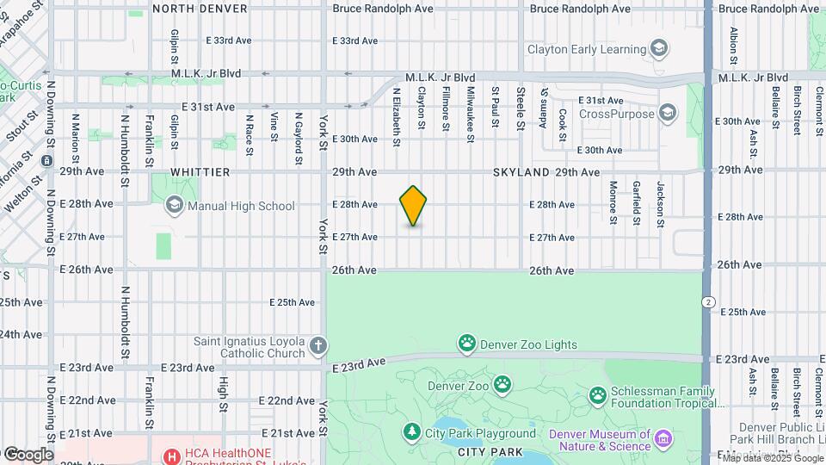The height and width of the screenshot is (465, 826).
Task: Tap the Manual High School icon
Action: coord(175,205)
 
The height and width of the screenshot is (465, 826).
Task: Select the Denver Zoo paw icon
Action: coord(502,383)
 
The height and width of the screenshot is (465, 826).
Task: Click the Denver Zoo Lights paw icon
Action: coord(467,344)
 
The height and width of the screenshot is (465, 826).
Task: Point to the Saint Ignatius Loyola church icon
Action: coord(318,346)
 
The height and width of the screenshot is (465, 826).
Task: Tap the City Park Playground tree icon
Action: coord(413,432)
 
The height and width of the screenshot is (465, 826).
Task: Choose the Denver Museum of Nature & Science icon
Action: coord(663,440)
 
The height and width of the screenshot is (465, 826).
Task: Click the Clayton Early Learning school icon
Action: coord(659,48)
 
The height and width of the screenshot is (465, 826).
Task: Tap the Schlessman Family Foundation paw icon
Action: coord(598,396)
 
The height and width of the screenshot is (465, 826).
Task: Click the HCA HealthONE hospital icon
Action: coord(172,456)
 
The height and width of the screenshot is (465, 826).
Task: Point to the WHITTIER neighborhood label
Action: coord(200,172)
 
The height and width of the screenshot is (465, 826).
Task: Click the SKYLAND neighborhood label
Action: coord(521,172)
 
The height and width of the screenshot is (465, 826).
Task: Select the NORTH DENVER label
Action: coord(200,9)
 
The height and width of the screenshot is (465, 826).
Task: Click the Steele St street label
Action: coord(521,107)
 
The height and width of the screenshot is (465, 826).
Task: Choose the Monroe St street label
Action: coord(613,201)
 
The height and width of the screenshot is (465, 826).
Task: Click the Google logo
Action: coord(28,454)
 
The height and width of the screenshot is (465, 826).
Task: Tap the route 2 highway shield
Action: coord(707,301)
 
